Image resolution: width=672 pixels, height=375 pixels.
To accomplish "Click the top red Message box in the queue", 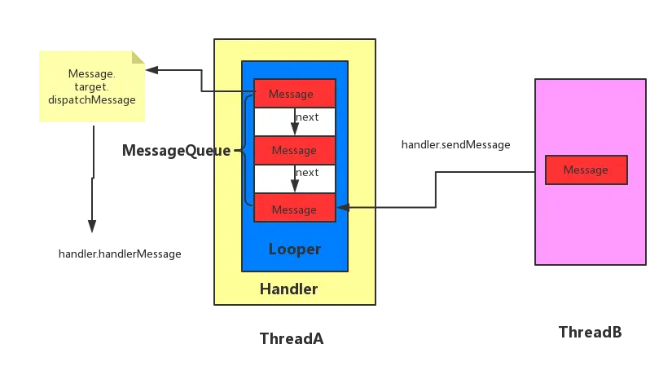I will (294, 94).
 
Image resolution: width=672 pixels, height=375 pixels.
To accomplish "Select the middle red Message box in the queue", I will (294, 150).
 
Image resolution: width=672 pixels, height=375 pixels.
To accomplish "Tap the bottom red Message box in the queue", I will (294, 210).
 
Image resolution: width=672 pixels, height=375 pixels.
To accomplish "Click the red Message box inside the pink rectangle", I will (586, 170).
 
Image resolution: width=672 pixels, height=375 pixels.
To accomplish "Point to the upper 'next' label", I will (307, 117).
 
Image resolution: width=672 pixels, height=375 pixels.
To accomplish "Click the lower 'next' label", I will (307, 173).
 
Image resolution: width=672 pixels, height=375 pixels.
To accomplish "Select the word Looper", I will (294, 249).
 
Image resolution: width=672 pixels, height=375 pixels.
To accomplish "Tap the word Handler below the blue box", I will (288, 289).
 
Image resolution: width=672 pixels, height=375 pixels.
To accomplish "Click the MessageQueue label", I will (177, 151).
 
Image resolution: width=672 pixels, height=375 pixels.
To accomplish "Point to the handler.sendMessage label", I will (455, 144).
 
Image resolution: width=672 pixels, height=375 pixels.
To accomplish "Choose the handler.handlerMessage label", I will (121, 254).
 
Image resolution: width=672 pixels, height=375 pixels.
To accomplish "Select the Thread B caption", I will (591, 333).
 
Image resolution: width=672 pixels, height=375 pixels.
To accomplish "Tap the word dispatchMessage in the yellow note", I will (92, 99).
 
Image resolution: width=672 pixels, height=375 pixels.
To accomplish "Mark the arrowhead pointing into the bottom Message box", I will (343, 208).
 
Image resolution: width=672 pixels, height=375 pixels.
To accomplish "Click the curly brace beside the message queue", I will (245, 150).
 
